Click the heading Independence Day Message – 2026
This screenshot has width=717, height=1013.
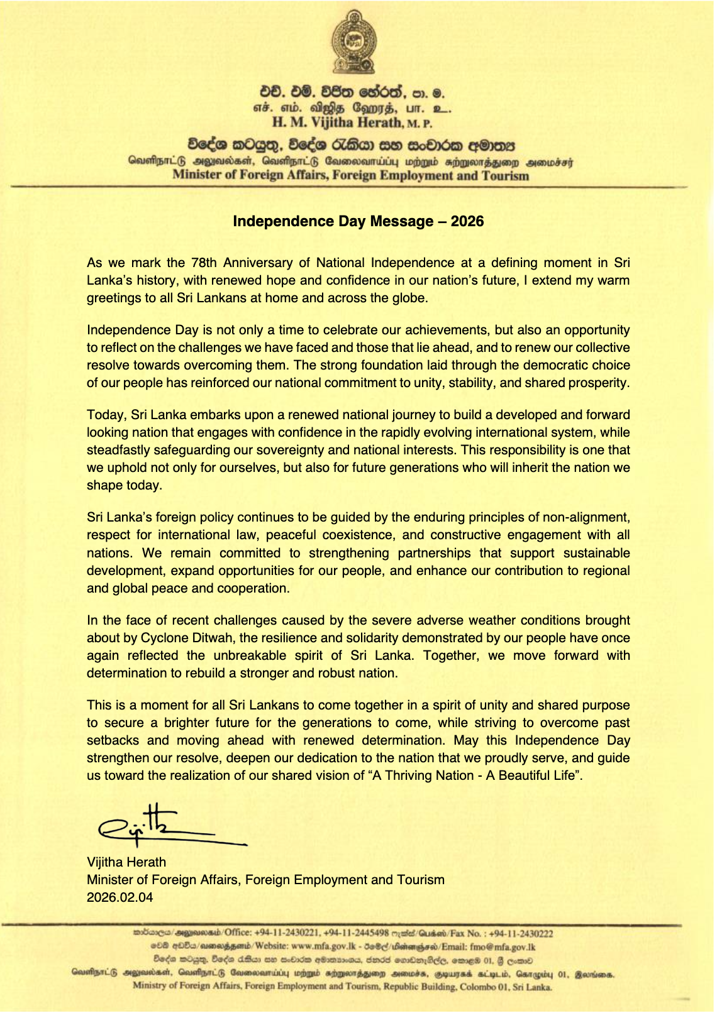click(358, 221)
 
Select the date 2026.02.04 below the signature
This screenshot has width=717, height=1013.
click(119, 897)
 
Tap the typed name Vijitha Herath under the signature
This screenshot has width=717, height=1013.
click(126, 862)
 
